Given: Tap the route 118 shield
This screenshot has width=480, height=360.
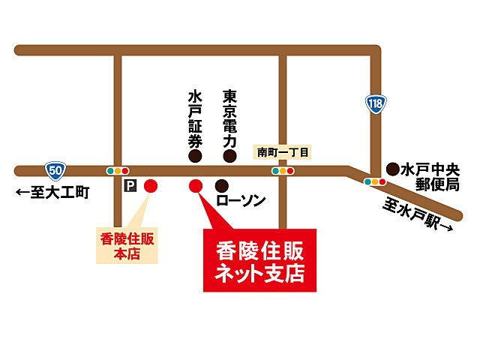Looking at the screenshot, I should [375, 103].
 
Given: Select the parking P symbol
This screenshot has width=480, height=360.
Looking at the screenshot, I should [130, 185].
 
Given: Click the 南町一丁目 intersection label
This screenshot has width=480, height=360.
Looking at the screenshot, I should [283, 151].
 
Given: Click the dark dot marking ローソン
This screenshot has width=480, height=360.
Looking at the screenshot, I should [222, 185].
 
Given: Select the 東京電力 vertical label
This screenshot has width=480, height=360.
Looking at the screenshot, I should [230, 118].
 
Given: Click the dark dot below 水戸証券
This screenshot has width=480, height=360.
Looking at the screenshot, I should [195, 156].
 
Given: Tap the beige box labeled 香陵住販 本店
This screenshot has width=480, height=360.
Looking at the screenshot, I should [127, 245].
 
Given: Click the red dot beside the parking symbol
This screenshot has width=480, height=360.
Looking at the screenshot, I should [151, 185].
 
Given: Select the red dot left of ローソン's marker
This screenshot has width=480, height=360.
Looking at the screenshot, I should [196, 185].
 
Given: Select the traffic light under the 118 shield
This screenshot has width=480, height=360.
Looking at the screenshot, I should [374, 181].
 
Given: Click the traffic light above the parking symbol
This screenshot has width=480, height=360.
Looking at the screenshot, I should [118, 170].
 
